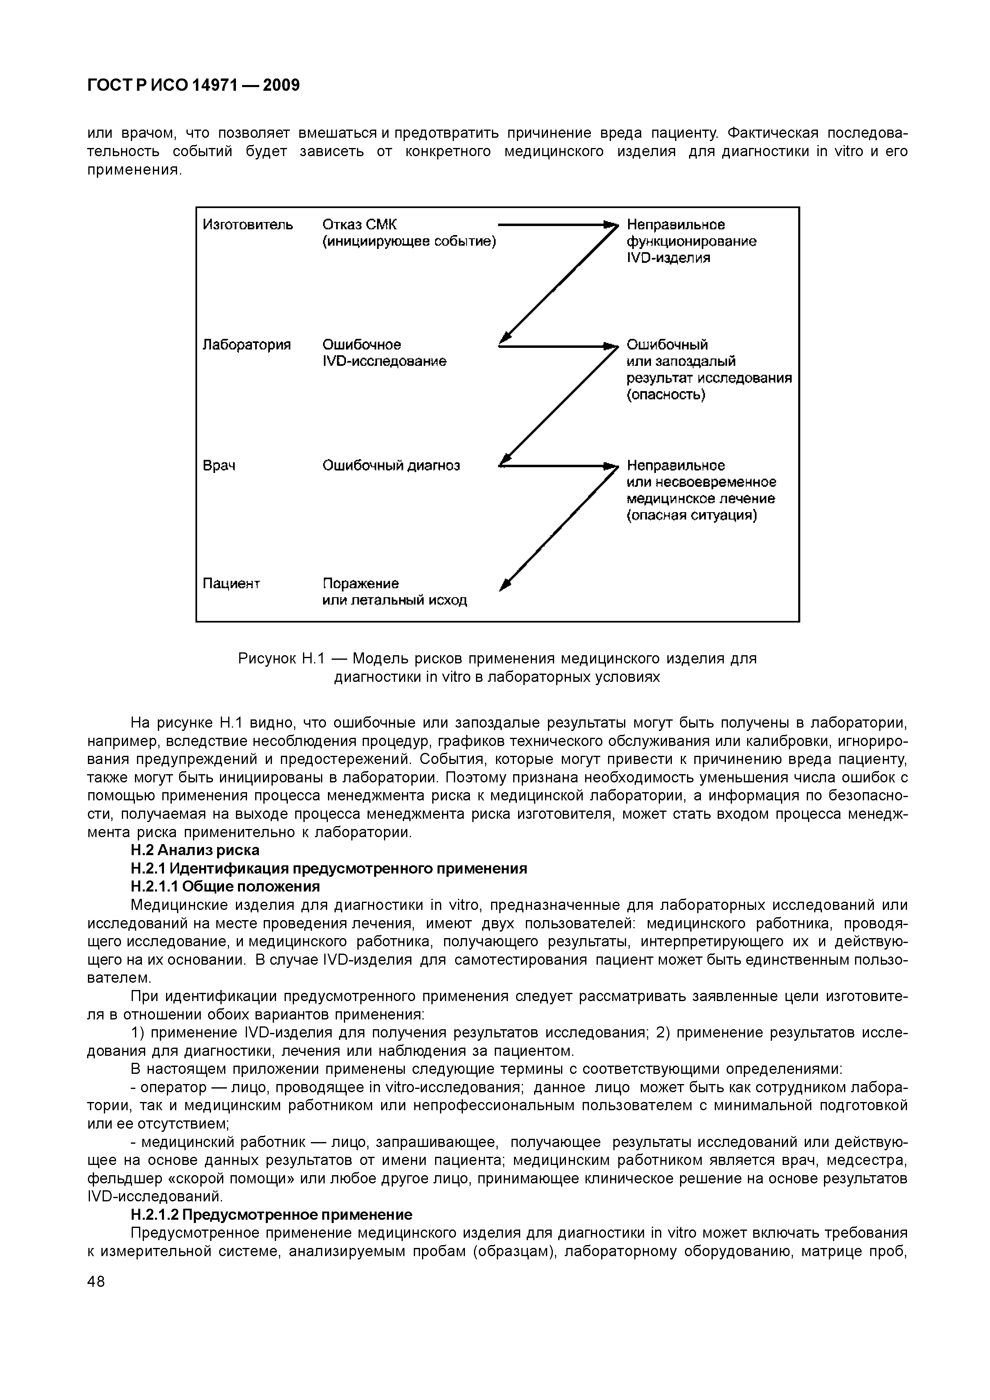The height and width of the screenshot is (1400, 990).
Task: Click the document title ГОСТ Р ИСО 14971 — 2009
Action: pyautogui.click(x=194, y=85)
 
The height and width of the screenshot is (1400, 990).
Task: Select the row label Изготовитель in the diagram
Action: pyautogui.click(x=248, y=225)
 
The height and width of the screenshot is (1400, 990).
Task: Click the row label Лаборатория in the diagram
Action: pyautogui.click(x=247, y=345)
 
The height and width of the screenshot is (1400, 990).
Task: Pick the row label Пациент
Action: pyautogui.click(x=231, y=584)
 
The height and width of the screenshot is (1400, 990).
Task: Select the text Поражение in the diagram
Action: pyautogui.click(x=361, y=584)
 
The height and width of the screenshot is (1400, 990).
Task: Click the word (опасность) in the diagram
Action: pyautogui.click(x=666, y=395)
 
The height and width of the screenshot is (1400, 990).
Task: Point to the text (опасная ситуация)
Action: pyautogui.click(x=692, y=516)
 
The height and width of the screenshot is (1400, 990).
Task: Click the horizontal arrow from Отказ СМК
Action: pyautogui.click(x=552, y=225)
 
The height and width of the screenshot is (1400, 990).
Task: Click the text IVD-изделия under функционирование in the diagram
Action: pyautogui.click(x=669, y=258)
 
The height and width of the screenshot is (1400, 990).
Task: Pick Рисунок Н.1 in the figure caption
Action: pyautogui.click(x=279, y=659)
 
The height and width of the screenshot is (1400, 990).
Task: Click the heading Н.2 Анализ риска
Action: pyautogui.click(x=195, y=850)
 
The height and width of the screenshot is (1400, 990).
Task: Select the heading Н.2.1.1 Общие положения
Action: pyautogui.click(x=225, y=886)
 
